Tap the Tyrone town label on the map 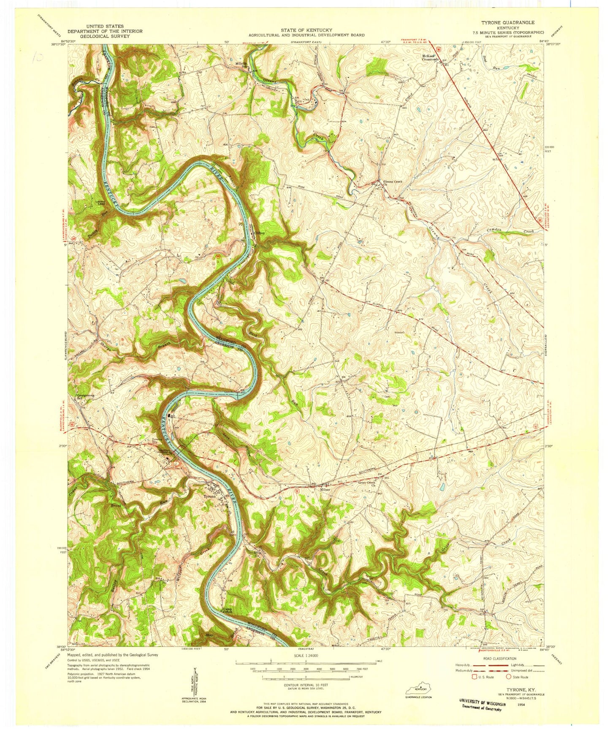pos(210,496)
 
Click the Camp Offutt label pos(228,610)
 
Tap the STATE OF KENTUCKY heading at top pos(306,30)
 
